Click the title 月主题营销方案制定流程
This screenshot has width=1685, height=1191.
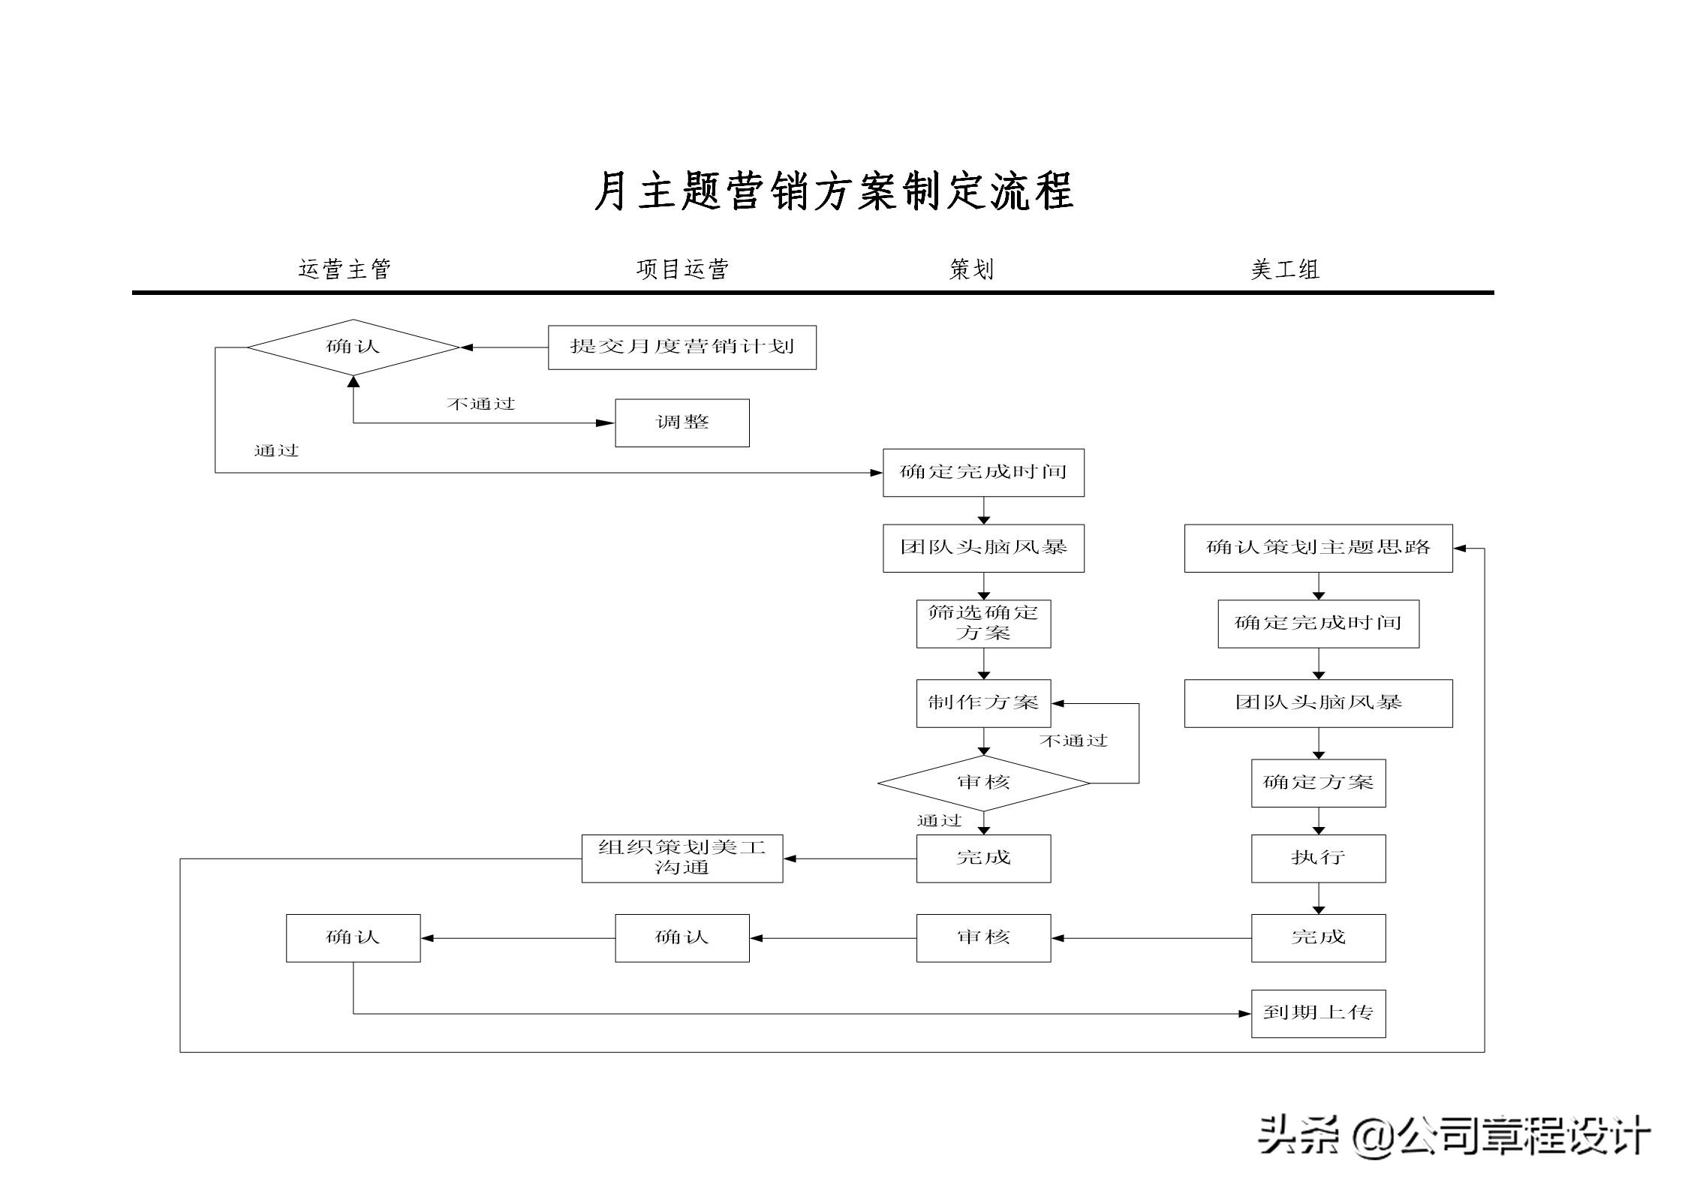click(833, 191)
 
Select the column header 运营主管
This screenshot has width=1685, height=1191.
click(345, 269)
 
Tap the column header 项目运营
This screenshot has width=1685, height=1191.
click(682, 269)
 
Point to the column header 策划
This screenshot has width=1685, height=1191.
click(971, 269)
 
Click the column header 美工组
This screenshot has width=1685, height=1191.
click(1285, 269)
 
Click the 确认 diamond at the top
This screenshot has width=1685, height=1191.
click(353, 347)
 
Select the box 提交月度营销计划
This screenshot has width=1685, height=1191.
click(682, 347)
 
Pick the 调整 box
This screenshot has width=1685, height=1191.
click(682, 423)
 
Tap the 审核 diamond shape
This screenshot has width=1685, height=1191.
click(983, 783)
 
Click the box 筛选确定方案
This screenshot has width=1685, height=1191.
click(983, 623)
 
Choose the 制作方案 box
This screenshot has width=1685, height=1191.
click(983, 703)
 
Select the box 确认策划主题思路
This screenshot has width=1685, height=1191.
click(1318, 548)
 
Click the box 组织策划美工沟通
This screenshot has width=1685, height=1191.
click(682, 858)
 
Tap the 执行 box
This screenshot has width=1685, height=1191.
click(1318, 858)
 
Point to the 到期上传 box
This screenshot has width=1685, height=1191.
click(1318, 1013)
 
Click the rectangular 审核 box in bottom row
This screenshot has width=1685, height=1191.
click(983, 937)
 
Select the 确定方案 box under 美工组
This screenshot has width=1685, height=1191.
click(1318, 783)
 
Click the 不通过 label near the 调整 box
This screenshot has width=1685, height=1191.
click(480, 404)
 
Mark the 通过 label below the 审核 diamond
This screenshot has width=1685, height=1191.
click(938, 820)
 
